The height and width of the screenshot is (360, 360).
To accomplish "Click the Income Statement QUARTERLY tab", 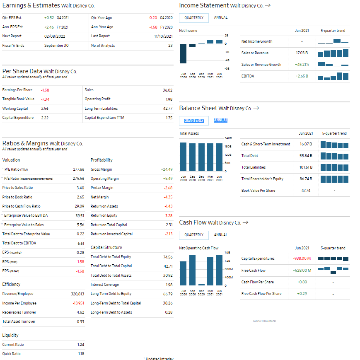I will point(193,18).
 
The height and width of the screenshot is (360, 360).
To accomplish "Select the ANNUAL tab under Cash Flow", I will point(220,235).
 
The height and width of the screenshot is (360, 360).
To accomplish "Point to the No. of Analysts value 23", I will point(170,45).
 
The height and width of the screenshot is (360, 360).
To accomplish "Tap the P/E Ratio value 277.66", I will point(79,169).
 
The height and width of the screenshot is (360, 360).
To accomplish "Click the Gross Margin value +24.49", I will point(166,169).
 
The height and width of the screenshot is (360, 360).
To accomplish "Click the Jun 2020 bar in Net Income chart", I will point(183,53).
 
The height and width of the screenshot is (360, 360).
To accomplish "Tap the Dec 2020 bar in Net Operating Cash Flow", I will point(202,285).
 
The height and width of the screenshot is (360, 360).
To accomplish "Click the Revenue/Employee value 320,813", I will point(77,294).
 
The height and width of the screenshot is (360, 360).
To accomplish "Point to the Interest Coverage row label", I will point(105,285).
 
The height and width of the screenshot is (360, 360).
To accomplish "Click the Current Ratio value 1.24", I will point(81,345).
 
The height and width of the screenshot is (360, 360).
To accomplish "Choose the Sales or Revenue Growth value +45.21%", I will point(302,65).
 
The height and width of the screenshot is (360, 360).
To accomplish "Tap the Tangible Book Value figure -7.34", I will point(45,99).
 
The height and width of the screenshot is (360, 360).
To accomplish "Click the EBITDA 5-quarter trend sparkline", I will point(333,76).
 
